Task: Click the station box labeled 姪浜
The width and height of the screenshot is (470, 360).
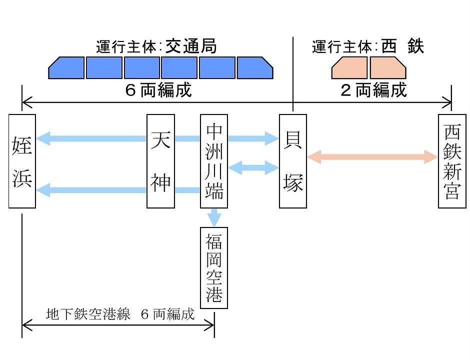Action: click(x=22, y=161)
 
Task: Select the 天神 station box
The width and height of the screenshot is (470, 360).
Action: click(x=160, y=161)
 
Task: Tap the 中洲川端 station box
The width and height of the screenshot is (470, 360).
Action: click(x=214, y=161)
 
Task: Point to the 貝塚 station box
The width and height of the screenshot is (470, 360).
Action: click(x=292, y=161)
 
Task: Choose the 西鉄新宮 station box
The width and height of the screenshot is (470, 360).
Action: click(x=452, y=161)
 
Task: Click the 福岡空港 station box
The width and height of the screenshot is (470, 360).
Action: click(x=214, y=267)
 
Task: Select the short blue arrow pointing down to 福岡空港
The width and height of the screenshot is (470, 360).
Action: click(x=214, y=217)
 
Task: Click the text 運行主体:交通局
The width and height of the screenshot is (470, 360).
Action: click(x=156, y=47)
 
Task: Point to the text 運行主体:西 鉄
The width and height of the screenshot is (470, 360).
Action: click(x=368, y=47)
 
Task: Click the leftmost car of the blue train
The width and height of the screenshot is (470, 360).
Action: click(x=66, y=68)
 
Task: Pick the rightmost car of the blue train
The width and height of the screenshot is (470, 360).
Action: click(x=254, y=68)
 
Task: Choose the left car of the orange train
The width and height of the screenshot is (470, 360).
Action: click(x=350, y=68)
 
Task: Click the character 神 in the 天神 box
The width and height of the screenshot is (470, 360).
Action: click(x=160, y=183)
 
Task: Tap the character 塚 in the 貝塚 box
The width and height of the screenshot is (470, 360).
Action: click(x=292, y=183)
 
